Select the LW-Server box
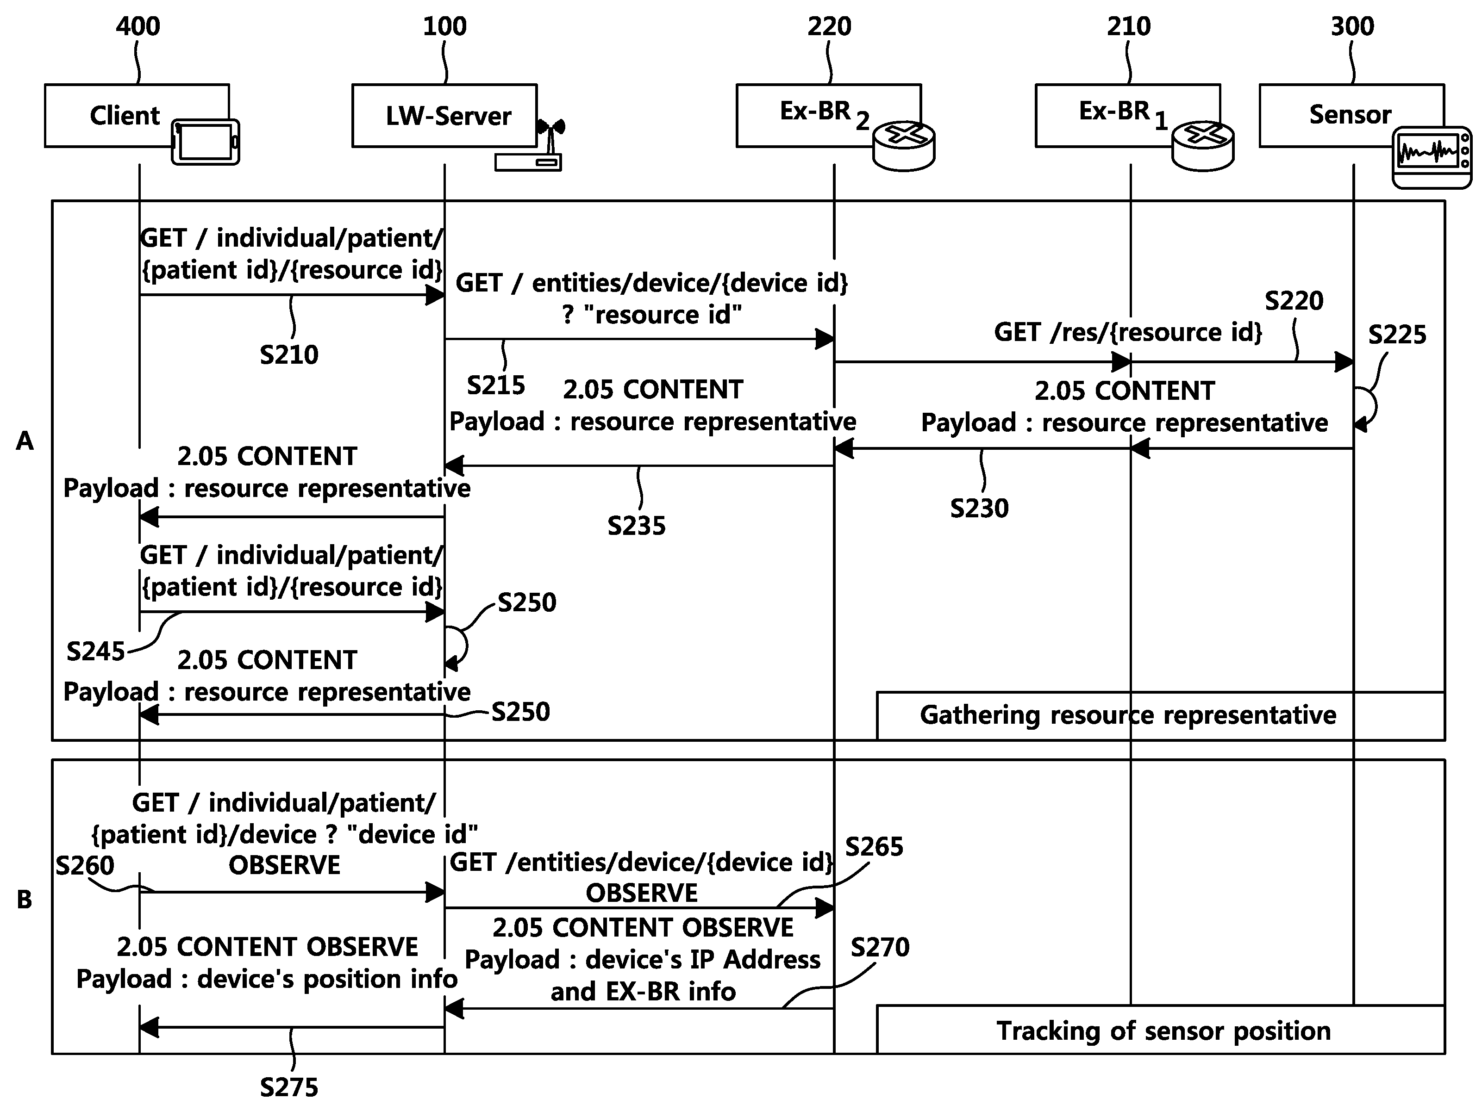point(444,115)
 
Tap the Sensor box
point(1351,115)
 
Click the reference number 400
point(138,27)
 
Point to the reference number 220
point(830,27)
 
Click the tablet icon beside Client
point(206,142)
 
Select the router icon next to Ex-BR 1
point(1203,146)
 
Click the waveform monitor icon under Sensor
point(1432,158)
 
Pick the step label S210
point(289,355)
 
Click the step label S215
point(496,385)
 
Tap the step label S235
point(637,526)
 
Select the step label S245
point(96,651)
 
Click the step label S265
point(874,846)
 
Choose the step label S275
point(289,1087)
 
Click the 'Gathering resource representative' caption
point(1128,715)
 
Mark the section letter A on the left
point(25,441)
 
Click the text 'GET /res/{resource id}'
point(1128,332)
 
